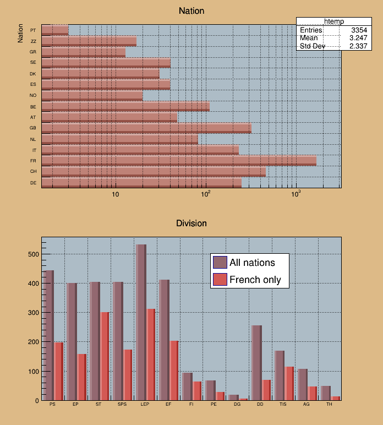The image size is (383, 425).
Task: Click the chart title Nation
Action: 191,11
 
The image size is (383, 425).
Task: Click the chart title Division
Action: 191,223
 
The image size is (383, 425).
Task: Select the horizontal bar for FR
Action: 179,161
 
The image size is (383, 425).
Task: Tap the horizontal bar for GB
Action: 146,128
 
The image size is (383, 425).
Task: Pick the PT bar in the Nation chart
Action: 55,30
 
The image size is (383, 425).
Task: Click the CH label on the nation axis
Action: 34,172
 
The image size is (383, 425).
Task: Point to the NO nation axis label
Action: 34,95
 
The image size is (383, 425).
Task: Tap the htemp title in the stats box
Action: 334,21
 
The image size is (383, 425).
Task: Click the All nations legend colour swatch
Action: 220,263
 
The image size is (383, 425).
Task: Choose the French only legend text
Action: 255,280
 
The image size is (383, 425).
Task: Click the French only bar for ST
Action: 105,356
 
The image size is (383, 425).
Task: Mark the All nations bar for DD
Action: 256,363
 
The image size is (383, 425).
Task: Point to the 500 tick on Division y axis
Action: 32,254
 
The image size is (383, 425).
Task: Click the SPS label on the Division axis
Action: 122,405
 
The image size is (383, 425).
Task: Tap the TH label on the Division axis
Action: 330,405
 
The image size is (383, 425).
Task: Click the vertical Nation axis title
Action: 20,33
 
